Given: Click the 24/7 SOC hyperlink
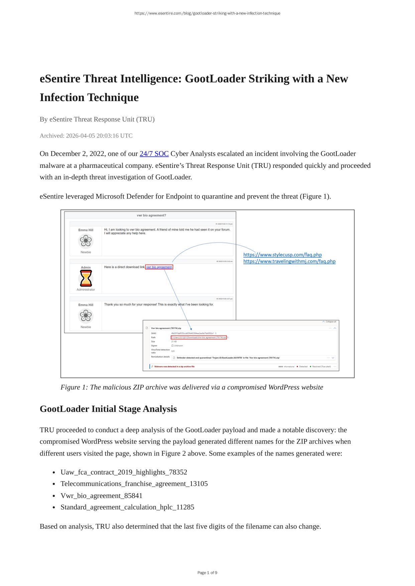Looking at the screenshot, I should (x=154, y=154).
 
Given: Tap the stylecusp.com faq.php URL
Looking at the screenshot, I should (x=282, y=255).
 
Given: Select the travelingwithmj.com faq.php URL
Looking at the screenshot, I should (x=289, y=261).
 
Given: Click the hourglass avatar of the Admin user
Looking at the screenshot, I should (x=86, y=278).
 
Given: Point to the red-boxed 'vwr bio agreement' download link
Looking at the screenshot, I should (x=159, y=267).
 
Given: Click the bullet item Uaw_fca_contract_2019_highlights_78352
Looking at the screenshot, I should (x=124, y=472).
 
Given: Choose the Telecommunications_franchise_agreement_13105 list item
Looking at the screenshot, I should (x=134, y=484).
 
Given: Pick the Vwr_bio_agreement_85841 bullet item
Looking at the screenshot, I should (x=101, y=496).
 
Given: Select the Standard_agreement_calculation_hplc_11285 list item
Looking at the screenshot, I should (x=127, y=507).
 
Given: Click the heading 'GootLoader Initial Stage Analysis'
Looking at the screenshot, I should (x=108, y=409).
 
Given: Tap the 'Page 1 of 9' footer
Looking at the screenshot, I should (x=207, y=573).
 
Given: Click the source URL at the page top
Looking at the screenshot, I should (x=207, y=13).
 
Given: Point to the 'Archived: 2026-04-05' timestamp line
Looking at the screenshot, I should (x=86, y=136).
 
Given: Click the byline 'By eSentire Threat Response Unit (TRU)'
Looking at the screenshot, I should (x=97, y=119).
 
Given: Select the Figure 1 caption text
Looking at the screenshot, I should (x=192, y=387).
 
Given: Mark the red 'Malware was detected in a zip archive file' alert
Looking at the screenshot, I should (x=174, y=366).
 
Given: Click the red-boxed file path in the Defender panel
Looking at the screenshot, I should (x=199, y=337).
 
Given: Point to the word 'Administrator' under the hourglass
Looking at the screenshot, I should (x=86, y=290).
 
